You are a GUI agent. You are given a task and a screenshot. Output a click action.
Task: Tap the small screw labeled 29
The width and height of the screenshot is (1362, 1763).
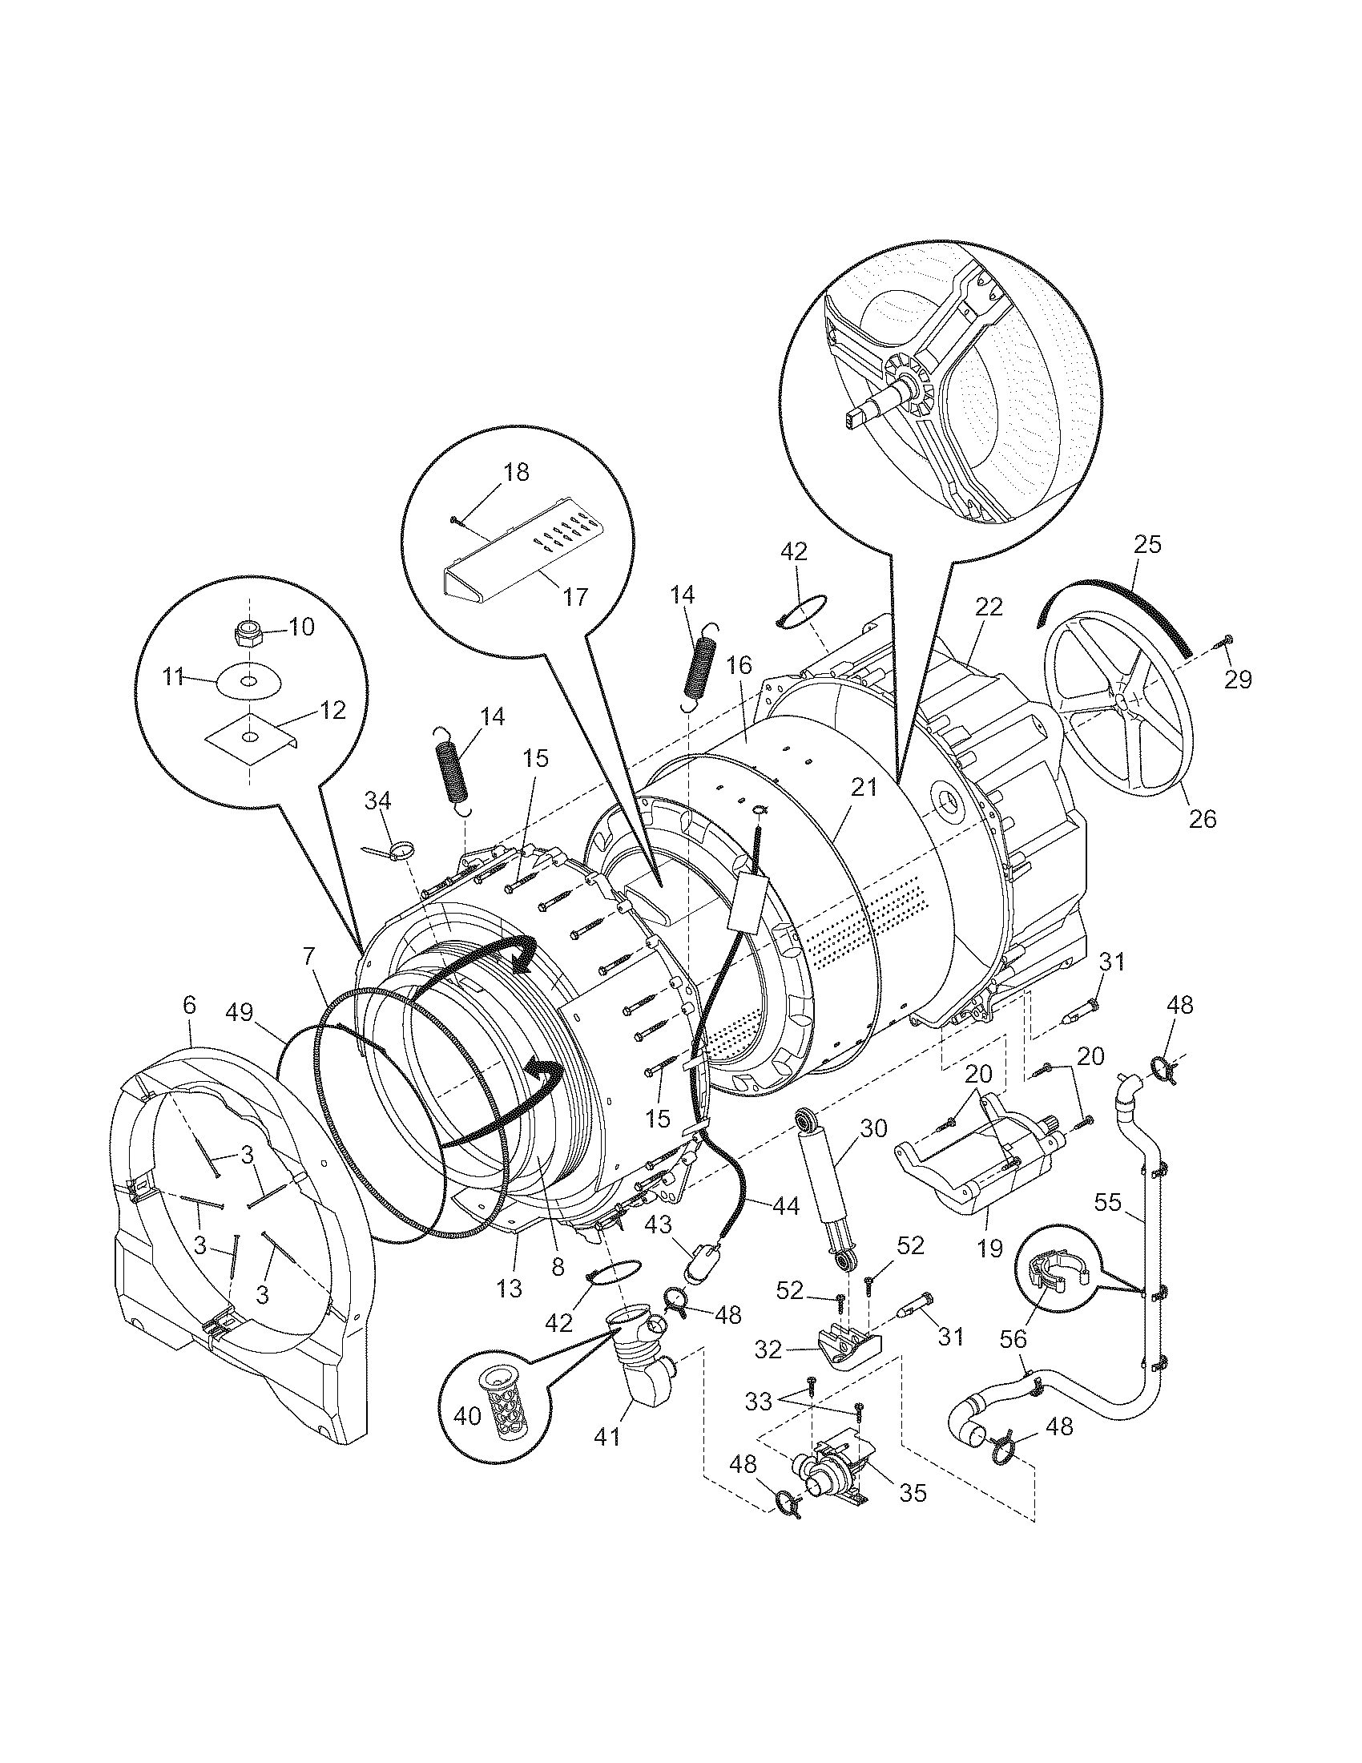point(1223,642)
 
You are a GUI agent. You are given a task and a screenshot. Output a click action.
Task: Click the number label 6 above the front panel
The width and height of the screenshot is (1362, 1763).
point(189,1005)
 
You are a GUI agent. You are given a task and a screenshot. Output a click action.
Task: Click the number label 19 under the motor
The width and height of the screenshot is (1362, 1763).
point(989,1249)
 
